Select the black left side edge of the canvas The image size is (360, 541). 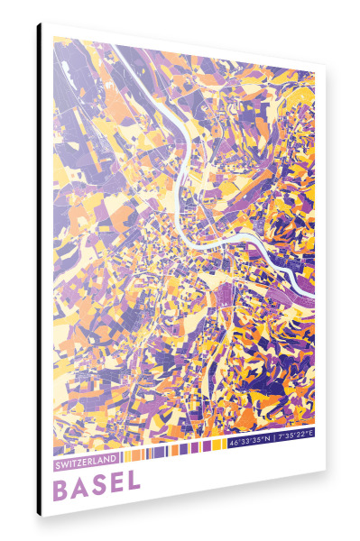39,270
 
